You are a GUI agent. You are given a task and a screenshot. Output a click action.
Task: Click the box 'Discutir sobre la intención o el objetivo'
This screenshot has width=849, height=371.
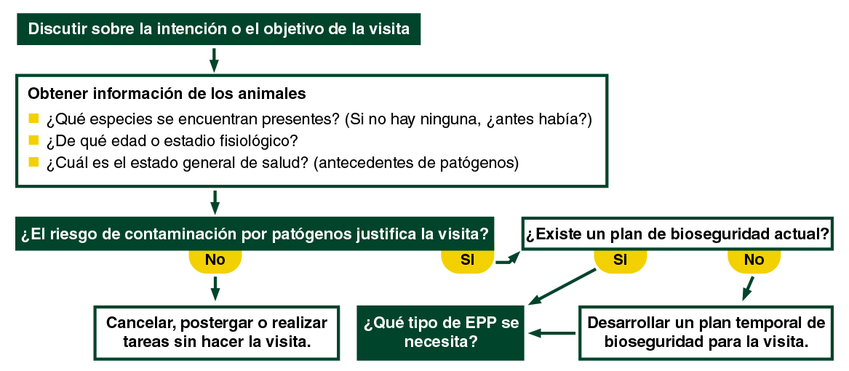pos(218,29)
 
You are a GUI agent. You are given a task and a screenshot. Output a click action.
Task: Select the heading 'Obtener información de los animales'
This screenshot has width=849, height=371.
pos(166,94)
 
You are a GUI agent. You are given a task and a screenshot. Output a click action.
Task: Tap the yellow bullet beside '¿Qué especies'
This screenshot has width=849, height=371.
pos(33,118)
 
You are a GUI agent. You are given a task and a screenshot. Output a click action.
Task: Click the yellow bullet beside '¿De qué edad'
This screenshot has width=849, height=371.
pos(33,140)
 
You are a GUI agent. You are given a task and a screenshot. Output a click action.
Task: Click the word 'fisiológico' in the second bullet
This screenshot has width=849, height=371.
pos(260,140)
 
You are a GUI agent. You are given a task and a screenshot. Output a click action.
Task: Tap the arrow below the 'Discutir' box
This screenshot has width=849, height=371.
pos(214,60)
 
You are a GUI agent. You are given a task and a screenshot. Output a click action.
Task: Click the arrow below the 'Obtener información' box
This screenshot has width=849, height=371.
pos(214,202)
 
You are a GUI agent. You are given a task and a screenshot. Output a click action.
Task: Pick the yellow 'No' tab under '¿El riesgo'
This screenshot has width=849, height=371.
pos(215,260)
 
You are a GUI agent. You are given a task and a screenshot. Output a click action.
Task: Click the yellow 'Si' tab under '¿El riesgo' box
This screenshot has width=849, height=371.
pos(467,260)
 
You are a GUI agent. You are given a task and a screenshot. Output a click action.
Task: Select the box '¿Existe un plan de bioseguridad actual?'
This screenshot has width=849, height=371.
pos(677,235)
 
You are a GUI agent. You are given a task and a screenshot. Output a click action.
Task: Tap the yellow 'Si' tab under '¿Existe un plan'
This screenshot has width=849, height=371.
pos(620,260)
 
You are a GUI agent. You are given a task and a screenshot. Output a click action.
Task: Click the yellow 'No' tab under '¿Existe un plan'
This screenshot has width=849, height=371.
pos(754,260)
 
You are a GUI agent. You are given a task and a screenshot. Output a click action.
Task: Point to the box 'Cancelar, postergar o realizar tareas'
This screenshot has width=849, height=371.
pos(217,332)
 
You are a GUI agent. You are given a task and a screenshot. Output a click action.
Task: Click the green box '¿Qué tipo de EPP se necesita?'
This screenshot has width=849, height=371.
pos(440,332)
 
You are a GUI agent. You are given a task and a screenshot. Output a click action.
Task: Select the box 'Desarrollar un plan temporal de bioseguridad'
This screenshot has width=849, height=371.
pos(706,332)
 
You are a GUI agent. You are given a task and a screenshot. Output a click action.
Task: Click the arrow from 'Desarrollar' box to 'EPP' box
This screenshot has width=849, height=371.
pos(553,333)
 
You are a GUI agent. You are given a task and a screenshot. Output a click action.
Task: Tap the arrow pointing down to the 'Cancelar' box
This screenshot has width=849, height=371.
pos(215,288)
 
